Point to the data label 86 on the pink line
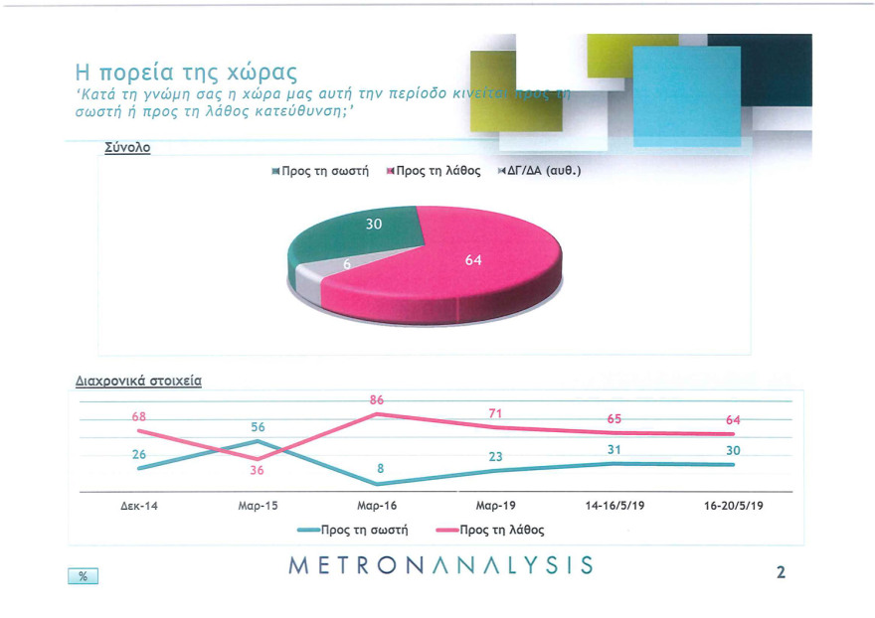[376, 399]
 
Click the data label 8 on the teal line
[380, 468]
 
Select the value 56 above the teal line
[257, 426]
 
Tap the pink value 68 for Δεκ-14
[139, 416]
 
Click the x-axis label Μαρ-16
[376, 506]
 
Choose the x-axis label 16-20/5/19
[733, 506]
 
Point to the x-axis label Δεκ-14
[139, 506]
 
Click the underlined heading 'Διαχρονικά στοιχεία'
[138, 381]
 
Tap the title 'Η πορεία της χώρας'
[187, 72]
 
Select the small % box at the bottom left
[83, 576]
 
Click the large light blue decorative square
[686, 97]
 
